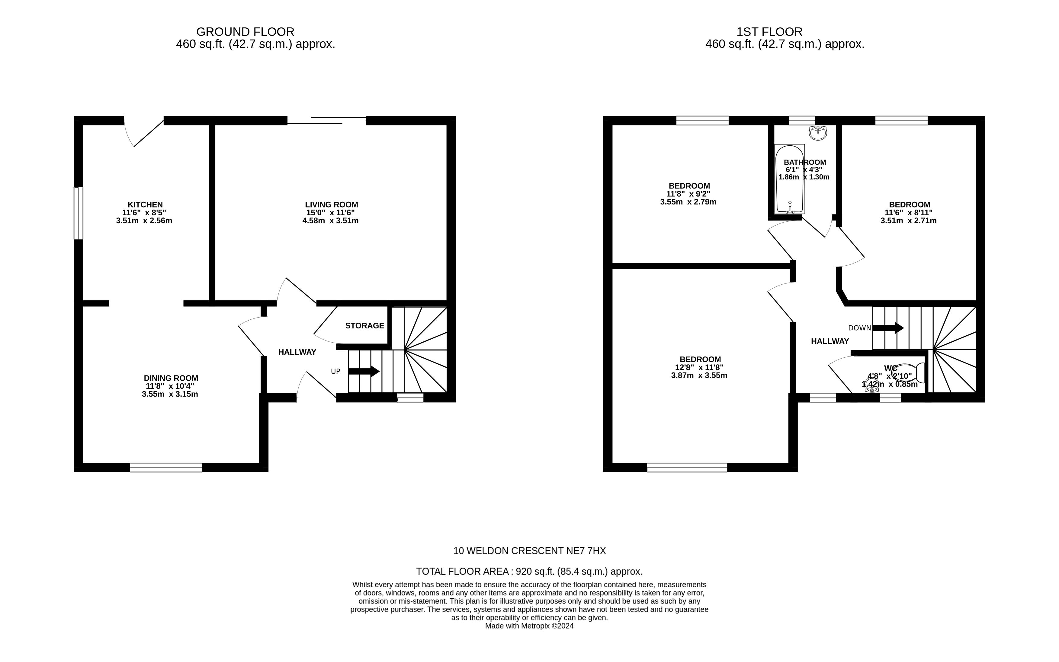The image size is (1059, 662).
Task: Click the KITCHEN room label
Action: tap(145, 204)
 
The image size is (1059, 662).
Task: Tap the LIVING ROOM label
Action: tap(331, 204)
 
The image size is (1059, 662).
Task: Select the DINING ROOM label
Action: tap(171, 378)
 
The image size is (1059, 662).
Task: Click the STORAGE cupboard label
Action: tap(364, 326)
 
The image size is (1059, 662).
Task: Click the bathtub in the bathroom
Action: tap(789, 179)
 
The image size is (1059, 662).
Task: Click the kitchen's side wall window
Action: tap(78, 213)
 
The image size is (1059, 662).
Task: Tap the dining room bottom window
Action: tap(166, 467)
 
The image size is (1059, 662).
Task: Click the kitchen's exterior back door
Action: tap(143, 131)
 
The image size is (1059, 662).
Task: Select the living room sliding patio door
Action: tap(326, 120)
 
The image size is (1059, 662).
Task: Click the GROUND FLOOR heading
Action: tap(245, 32)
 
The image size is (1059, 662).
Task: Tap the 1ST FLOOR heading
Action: tap(769, 32)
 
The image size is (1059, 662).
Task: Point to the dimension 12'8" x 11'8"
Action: tap(699, 367)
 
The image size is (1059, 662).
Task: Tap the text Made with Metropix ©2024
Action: tap(529, 626)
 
